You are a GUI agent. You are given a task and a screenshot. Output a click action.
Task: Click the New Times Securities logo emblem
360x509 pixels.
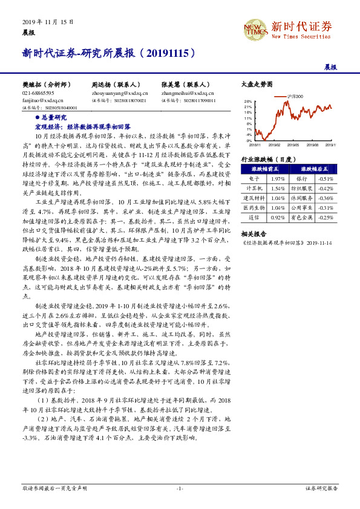coord(254,27)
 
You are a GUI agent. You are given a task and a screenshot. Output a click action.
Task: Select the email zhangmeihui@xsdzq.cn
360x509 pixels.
coord(188,94)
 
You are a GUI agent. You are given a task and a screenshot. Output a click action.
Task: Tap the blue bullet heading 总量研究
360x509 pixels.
coord(54,117)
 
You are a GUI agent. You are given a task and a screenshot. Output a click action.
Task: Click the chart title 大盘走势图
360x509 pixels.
coord(253,85)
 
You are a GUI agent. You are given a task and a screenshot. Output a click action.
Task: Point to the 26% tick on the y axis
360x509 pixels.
coord(248,102)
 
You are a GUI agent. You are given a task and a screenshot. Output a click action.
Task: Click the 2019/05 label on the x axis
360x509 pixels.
coord(293,145)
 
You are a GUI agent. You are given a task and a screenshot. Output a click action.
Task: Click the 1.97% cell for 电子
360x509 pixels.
coord(277,179)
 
